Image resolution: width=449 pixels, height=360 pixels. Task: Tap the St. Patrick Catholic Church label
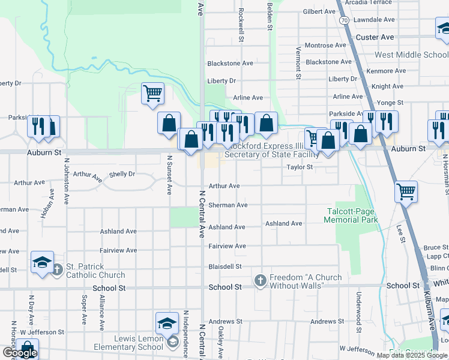(x=95, y=271)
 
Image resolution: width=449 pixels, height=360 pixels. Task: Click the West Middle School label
(x=411, y=55)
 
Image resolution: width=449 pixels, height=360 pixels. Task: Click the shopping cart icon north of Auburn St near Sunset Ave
(x=152, y=94)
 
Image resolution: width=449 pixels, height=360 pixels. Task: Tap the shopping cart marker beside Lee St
(x=406, y=191)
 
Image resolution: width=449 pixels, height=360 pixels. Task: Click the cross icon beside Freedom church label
(x=261, y=280)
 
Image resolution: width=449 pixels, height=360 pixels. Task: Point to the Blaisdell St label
(x=224, y=266)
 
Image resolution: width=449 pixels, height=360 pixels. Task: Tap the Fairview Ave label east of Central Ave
(x=227, y=246)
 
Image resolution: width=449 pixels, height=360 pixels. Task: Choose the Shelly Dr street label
(x=122, y=175)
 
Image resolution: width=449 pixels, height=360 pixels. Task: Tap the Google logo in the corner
(x=19, y=353)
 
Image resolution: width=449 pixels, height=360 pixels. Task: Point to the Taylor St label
(x=300, y=167)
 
